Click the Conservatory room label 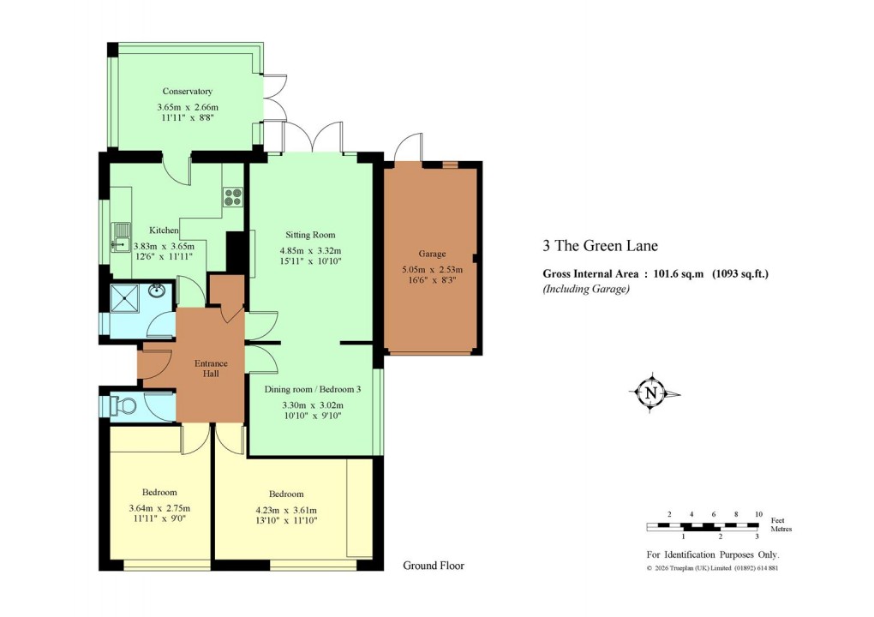coord(187,91)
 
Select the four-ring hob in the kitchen coord(232,197)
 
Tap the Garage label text coord(432,254)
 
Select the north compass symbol coord(653,393)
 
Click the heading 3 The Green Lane coord(600,246)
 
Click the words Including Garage coord(586,290)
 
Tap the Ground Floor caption coord(434,566)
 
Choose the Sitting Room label coord(309,235)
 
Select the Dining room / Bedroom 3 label coord(313,389)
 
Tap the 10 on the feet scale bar coord(757,514)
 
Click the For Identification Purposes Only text coord(712,554)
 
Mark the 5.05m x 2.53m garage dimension coord(432,269)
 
